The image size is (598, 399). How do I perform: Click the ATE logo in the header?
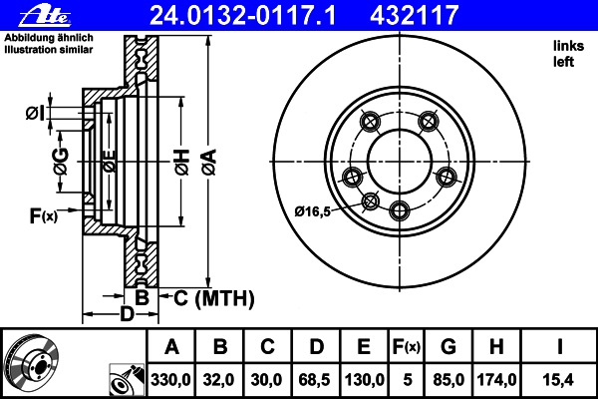pyautogui.click(x=45, y=16)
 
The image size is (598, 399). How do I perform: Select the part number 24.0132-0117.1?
pyautogui.click(x=243, y=16)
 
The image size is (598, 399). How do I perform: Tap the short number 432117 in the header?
pyautogui.click(x=414, y=16)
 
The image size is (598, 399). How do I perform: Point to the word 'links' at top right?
pyautogui.click(x=569, y=46)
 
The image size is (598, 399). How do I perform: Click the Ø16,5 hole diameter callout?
pyautogui.click(x=312, y=211)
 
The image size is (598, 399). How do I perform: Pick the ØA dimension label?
pyautogui.click(x=209, y=162)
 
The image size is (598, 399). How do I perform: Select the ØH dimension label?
pyautogui.click(x=182, y=163)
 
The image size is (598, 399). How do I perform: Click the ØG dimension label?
pyautogui.click(x=61, y=162)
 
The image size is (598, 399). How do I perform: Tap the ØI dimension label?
pyautogui.click(x=36, y=113)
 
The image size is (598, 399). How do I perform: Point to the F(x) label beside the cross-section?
pyautogui.click(x=44, y=216)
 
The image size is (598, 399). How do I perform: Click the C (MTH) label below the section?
pyautogui.click(x=214, y=298)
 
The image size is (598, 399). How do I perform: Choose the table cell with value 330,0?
pyautogui.click(x=170, y=380)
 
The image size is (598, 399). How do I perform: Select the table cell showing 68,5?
pyautogui.click(x=315, y=380)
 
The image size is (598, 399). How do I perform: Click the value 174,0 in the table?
pyautogui.click(x=496, y=380)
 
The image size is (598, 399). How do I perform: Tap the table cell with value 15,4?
pyautogui.click(x=559, y=380)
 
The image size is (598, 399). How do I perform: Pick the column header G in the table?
pyautogui.click(x=448, y=347)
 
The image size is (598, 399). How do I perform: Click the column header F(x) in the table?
pyautogui.click(x=407, y=347)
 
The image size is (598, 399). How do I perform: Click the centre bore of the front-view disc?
pyautogui.click(x=400, y=162)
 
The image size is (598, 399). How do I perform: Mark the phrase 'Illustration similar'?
pyautogui.click(x=49, y=50)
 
